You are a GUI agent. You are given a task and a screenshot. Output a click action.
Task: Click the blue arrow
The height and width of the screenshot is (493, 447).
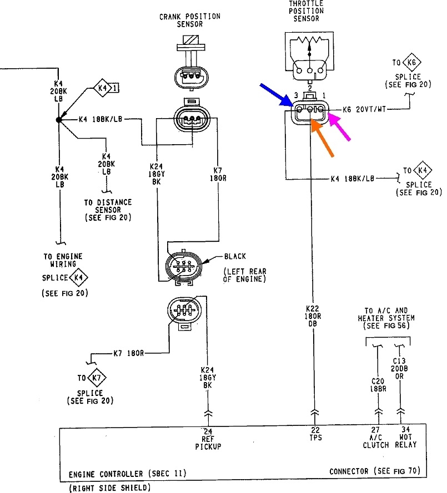coord(277,95)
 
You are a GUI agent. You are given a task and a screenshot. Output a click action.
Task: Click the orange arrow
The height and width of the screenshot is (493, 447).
coord(322,138)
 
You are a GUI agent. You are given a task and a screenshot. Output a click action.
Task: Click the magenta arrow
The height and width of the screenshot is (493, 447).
coord(339,127)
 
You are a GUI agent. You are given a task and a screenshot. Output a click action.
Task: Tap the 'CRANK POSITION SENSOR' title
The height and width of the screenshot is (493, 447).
coord(190,20)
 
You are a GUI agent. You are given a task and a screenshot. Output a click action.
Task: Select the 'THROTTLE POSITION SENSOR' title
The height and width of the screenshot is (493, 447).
coord(307,11)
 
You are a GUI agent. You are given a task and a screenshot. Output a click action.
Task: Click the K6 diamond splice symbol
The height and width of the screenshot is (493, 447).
coord(412,62)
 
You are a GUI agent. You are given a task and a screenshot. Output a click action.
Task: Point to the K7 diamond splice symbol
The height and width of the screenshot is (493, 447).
coord(97,377)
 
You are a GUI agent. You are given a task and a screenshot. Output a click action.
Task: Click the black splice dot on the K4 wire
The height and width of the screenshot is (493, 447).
coord(59,119)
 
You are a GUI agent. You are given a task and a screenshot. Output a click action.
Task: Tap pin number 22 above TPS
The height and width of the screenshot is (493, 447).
coord(315,429)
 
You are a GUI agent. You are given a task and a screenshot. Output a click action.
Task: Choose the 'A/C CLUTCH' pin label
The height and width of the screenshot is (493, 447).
coord(375,441)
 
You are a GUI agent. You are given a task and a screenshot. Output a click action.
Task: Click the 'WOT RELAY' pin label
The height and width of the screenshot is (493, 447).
coord(406,441)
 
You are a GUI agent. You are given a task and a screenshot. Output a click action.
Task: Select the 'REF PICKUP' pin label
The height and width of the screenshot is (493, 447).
coord(208,443)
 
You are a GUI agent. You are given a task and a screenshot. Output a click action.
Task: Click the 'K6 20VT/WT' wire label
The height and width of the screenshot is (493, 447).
coord(364,109)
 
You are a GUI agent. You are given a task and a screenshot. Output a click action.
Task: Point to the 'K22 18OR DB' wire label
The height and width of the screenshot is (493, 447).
coord(313,316)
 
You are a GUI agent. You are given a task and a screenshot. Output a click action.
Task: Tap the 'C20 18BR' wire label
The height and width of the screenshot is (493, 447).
coord(378,385)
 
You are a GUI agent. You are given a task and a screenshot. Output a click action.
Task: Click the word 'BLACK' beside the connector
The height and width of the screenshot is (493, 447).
coord(235,257)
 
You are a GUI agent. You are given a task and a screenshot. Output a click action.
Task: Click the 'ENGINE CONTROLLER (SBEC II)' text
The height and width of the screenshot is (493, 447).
coord(128,474)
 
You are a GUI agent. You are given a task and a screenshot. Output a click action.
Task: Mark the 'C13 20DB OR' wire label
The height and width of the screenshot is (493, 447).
coord(399,368)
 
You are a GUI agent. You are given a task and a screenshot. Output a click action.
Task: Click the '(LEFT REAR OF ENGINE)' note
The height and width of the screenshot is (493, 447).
coord(244,275)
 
